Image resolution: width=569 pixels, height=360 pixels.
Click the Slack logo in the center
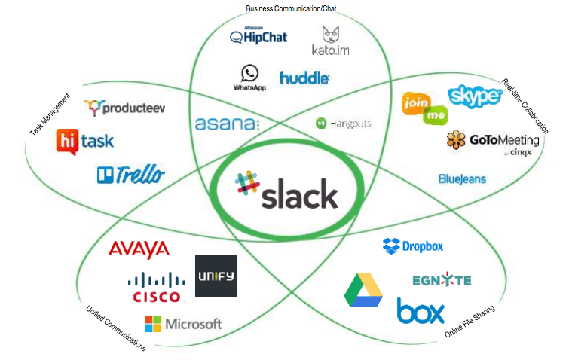(286, 191)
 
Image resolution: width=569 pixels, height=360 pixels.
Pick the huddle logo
(304, 77)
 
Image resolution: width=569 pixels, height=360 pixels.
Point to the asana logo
(227, 124)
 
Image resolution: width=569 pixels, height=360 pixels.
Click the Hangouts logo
(343, 123)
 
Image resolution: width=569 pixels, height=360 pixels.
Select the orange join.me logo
(424, 107)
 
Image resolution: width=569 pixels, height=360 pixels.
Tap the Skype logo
(475, 96)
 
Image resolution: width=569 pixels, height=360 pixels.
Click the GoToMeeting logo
(493, 141)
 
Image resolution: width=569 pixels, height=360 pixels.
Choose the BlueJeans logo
(462, 179)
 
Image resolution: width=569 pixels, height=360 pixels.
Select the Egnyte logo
(442, 280)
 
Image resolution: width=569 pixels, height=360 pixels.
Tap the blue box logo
(421, 310)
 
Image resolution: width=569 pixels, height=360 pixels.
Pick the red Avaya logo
(139, 249)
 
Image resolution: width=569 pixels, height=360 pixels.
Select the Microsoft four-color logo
(183, 324)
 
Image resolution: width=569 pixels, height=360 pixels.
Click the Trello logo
(130, 175)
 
